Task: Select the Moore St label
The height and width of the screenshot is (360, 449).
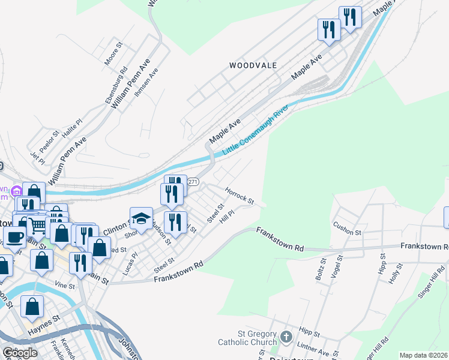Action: pos(113,53)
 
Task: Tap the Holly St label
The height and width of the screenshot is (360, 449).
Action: pos(394,277)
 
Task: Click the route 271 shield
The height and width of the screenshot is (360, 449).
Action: pos(193,182)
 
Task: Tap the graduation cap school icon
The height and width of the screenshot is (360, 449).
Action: pos(141,218)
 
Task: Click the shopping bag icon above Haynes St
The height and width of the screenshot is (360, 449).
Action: pos(32,306)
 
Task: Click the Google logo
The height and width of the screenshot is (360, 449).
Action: pos(20,352)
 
